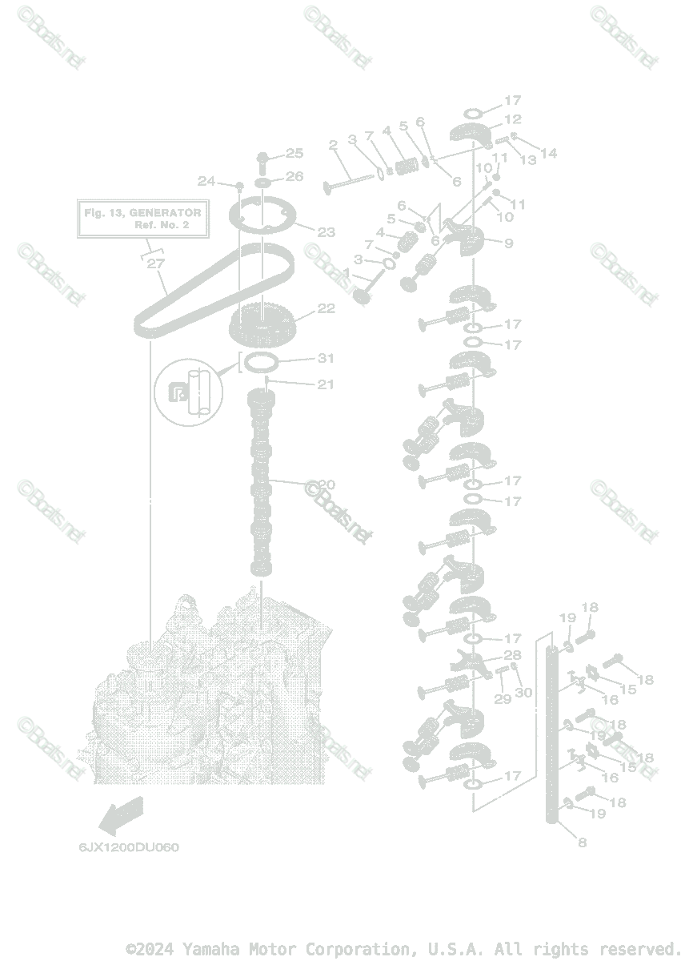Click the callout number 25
pos(294,152)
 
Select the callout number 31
pos(326,358)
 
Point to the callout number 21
pos(325,384)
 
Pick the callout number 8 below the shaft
pos(582,842)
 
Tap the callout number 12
pos(512,119)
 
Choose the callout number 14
pos(548,153)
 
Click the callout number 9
pos(509,242)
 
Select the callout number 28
pos(512,655)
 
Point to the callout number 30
pos(523,692)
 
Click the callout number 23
pos(326,232)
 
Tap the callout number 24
pos(206,181)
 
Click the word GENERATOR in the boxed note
pos(165,214)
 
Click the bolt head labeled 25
pos(265,155)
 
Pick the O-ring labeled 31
pos(261,364)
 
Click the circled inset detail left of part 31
pos(191,392)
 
